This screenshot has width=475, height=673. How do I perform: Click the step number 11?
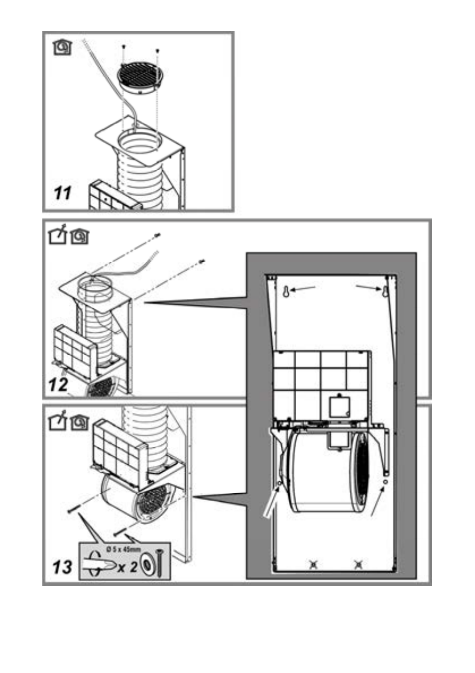click(x=63, y=193)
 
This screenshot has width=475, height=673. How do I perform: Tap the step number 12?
click(x=59, y=385)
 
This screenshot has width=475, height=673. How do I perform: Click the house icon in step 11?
click(x=62, y=47)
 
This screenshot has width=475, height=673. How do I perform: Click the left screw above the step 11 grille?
click(x=123, y=47)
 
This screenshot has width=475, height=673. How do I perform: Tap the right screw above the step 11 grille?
click(x=158, y=51)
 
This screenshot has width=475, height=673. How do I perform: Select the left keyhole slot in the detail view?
click(x=286, y=291)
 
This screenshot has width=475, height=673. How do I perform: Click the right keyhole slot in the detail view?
click(x=384, y=291)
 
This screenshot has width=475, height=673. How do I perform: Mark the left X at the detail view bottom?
click(x=313, y=565)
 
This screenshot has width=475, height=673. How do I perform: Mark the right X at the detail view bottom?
click(x=358, y=565)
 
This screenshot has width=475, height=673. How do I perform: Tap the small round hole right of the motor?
click(x=386, y=482)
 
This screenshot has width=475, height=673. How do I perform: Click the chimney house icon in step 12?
click(x=57, y=237)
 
